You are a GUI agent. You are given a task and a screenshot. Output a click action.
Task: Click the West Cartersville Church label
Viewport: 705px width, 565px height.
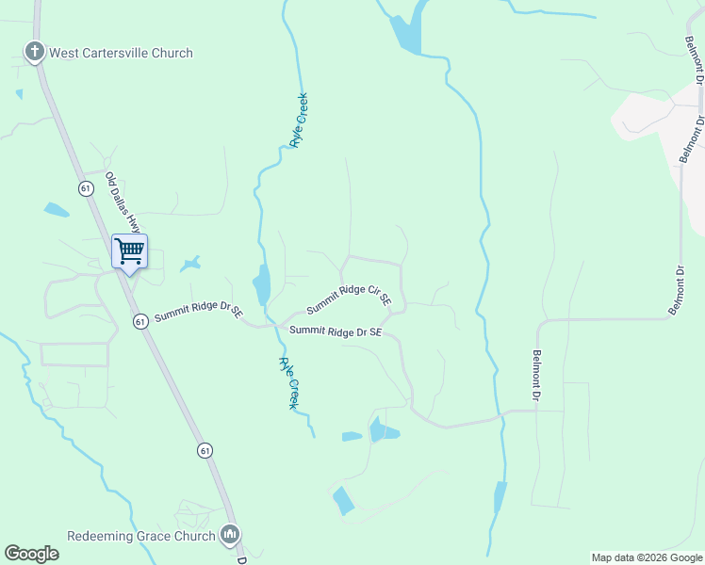(x=120, y=53)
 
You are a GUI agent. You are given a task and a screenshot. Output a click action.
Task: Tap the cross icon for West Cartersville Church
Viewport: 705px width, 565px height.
(x=35, y=52)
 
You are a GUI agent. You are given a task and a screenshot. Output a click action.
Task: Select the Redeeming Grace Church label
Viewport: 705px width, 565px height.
(x=141, y=536)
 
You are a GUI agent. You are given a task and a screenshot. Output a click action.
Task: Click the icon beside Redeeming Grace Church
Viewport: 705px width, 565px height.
(x=229, y=536)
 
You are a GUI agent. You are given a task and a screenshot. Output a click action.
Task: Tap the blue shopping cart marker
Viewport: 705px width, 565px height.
(x=129, y=251)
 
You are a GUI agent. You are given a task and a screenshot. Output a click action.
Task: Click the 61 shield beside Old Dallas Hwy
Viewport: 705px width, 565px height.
(x=86, y=188)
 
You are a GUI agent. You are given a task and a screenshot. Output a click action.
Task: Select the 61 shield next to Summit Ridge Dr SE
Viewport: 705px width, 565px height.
(x=139, y=321)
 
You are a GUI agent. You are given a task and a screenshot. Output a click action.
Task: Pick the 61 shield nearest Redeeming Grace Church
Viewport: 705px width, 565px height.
(x=205, y=451)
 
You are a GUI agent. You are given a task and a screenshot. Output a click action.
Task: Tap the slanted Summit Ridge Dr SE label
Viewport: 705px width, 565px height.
(x=199, y=312)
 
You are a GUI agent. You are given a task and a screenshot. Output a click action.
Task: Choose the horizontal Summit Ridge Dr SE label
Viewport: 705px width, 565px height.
(x=336, y=331)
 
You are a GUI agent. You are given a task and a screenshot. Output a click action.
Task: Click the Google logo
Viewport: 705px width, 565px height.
(x=31, y=554)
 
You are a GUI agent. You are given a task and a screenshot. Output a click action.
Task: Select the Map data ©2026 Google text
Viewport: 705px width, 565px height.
(x=647, y=557)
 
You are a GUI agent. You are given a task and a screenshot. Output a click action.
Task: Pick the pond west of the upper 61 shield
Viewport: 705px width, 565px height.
(x=56, y=209)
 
